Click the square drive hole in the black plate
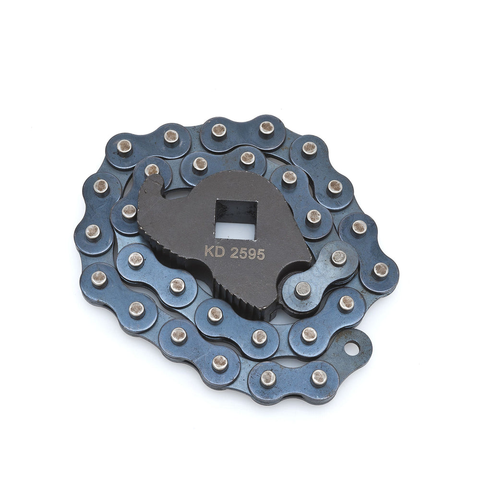(x=236, y=219)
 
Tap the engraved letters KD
(x=215, y=252)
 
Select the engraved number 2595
(x=247, y=254)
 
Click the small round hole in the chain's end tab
(x=352, y=348)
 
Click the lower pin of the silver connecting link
(x=302, y=290)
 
